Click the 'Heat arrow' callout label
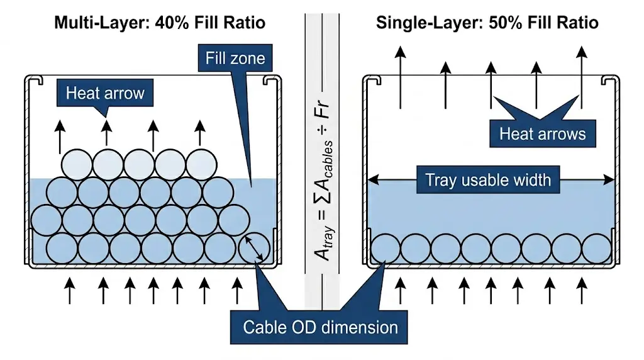[x=105, y=94]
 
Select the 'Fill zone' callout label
[x=235, y=59]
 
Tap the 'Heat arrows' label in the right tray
[x=542, y=133]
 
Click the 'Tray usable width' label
[x=488, y=180]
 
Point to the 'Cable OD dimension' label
[x=320, y=327]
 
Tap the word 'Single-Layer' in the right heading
[x=421, y=23]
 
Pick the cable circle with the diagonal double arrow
[x=255, y=249]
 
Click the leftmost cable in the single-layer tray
[x=385, y=249]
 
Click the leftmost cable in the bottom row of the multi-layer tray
[x=62, y=249]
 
